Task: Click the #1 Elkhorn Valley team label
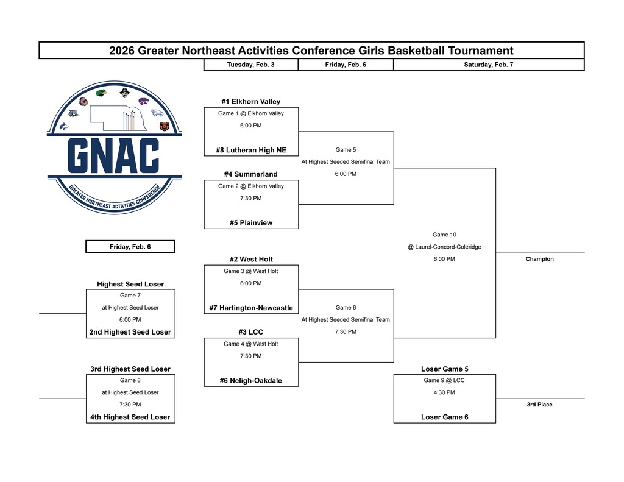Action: coord(250,102)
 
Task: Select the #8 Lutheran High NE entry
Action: coord(250,150)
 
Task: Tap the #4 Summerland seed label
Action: coord(250,174)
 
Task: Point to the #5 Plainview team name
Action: coord(250,223)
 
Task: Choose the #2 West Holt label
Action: coord(250,259)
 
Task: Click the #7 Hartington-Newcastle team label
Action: coord(250,308)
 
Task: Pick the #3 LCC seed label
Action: coord(250,332)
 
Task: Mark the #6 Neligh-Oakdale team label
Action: coord(250,381)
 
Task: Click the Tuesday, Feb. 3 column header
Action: coord(250,65)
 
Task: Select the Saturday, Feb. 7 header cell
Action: coord(488,65)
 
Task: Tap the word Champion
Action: coord(540,259)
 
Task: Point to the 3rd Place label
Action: coord(540,405)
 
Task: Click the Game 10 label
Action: coord(444,235)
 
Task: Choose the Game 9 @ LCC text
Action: coord(444,380)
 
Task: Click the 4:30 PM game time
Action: coord(444,392)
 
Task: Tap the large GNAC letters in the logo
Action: coord(113,155)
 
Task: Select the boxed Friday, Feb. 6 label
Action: coord(130,247)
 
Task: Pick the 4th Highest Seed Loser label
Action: coord(130,417)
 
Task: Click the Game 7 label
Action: coord(130,295)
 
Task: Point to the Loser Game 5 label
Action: coord(444,369)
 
